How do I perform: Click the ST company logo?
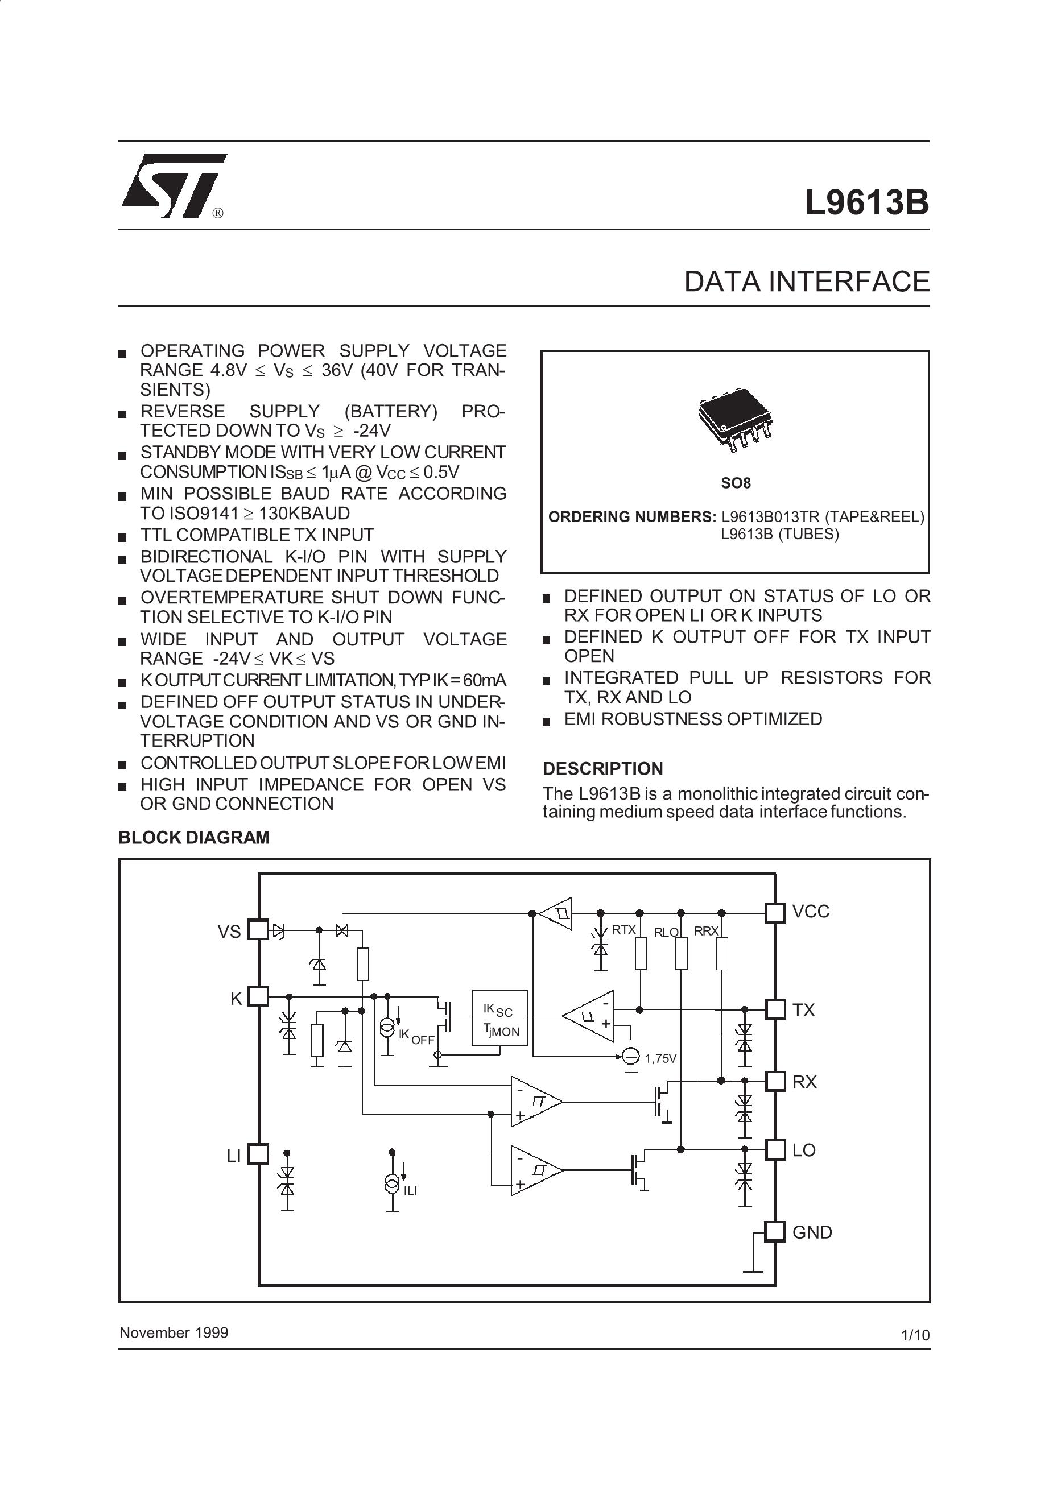(174, 187)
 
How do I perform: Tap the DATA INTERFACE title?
(806, 282)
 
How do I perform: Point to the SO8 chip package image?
(735, 419)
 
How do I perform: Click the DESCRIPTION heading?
(602, 769)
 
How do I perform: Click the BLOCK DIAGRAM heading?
(193, 838)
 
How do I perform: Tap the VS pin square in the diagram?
(258, 930)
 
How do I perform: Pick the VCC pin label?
(811, 912)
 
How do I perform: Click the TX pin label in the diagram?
(804, 1011)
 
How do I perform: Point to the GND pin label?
(812, 1232)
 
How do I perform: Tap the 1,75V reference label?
(660, 1058)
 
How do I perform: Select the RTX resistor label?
(624, 930)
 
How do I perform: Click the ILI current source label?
(410, 1191)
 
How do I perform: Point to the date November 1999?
(174, 1333)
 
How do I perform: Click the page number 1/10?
(915, 1335)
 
